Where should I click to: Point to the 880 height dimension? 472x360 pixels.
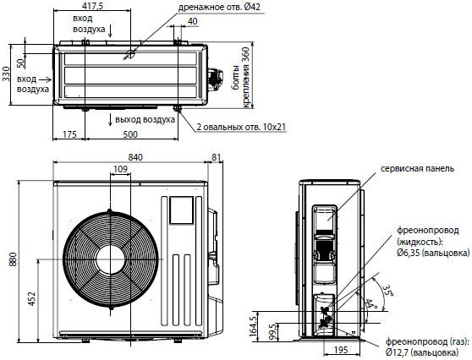click(12, 260)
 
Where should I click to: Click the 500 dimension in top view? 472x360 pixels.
click(129, 135)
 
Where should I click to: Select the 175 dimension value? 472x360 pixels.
click(69, 135)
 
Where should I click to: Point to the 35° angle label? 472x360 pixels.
click(387, 290)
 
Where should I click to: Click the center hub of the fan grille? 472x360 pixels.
click(109, 259)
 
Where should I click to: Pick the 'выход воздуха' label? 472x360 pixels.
click(146, 119)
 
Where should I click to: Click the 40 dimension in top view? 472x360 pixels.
click(194, 20)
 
